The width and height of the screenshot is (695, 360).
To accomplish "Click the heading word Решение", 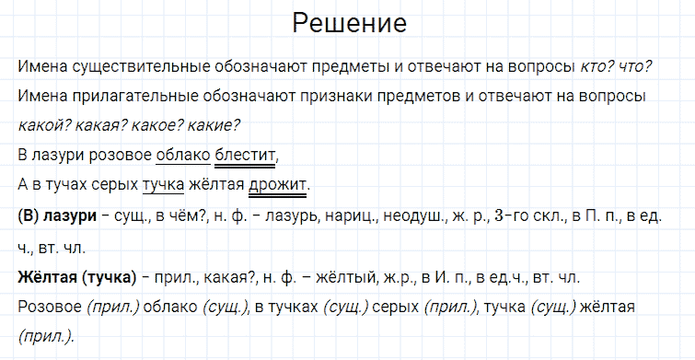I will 349,23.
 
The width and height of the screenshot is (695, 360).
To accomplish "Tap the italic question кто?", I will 598,67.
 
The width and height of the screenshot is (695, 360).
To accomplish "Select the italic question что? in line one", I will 636,67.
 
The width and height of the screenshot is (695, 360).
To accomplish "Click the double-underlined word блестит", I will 244,154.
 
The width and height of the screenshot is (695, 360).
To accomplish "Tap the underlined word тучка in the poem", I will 163,184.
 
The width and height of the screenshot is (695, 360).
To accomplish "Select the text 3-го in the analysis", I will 512,215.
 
